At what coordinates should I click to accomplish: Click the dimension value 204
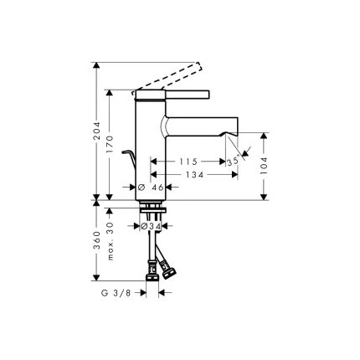click(97, 131)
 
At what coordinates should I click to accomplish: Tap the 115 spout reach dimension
click(188, 161)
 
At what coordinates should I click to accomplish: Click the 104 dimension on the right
click(265, 165)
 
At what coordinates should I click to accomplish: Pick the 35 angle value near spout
click(234, 162)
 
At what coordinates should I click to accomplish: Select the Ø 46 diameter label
click(152, 188)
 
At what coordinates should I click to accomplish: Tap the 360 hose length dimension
click(97, 241)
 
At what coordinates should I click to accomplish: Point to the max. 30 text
click(111, 241)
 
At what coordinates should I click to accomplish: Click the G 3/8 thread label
click(115, 293)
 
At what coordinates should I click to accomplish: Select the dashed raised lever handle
click(172, 75)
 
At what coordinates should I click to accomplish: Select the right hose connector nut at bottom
click(171, 270)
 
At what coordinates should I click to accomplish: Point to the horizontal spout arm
click(201, 126)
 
